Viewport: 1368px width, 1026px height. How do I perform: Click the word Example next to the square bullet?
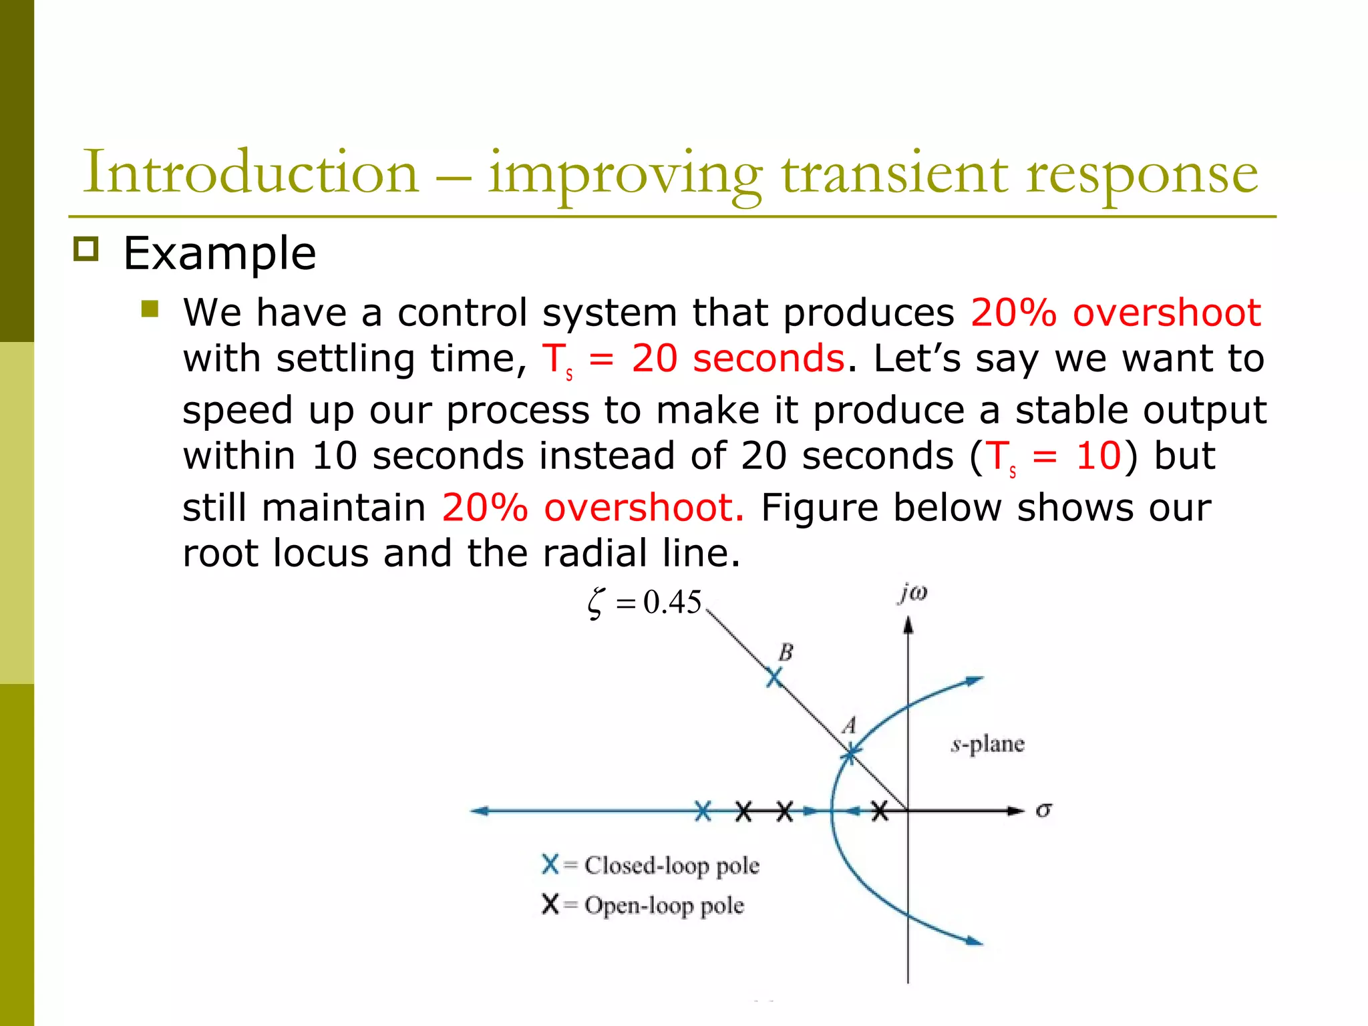[219, 254]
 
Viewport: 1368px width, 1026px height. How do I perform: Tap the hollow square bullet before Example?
[85, 249]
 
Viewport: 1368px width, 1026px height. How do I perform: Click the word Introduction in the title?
[250, 172]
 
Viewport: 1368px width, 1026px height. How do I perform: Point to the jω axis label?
[912, 592]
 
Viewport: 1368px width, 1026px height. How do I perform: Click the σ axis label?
[1043, 810]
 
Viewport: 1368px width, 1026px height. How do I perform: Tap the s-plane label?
[987, 743]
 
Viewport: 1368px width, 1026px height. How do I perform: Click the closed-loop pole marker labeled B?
[774, 678]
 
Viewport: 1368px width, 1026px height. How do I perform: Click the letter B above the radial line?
[786, 652]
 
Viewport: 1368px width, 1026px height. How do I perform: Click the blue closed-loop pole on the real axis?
[703, 811]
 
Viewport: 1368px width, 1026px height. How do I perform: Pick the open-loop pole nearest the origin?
[880, 811]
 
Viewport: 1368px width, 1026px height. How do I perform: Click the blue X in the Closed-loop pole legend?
[550, 864]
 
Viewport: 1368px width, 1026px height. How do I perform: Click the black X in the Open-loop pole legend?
[550, 904]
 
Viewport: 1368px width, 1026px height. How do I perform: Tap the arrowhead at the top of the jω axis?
[908, 625]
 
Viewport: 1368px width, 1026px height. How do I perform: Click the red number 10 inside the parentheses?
[1098, 456]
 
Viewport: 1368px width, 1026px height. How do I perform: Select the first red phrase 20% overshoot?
[1116, 312]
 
